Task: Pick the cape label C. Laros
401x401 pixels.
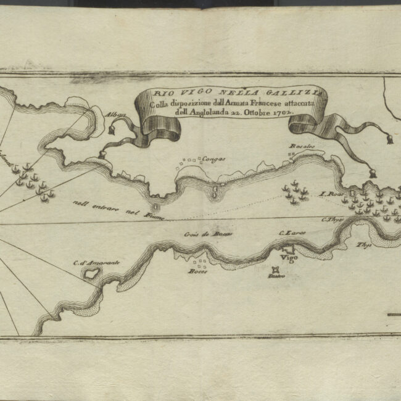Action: pyautogui.click(x=292, y=233)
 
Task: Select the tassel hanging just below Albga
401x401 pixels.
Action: pyautogui.click(x=112, y=130)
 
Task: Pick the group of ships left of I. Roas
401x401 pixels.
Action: pyautogui.click(x=296, y=192)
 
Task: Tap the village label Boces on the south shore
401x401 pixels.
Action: pyautogui.click(x=198, y=271)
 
